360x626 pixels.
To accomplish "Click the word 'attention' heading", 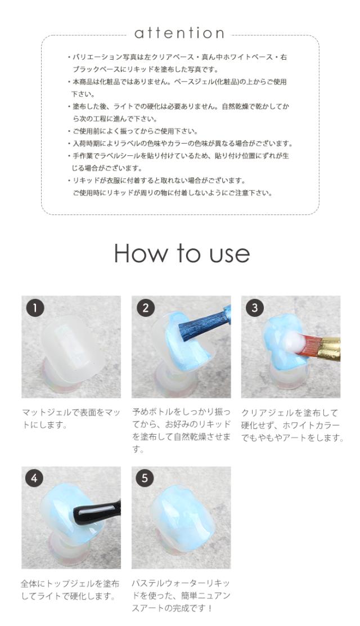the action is pos(179,33).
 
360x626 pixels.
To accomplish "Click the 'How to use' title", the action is pos(182,253).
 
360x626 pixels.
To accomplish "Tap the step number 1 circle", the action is pos(35,308).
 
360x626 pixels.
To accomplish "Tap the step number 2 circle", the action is pos(145,308).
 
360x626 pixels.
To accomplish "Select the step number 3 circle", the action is pos(255,308).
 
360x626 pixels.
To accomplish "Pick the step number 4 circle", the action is pos(34,478).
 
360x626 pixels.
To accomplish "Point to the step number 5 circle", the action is pos(145,478).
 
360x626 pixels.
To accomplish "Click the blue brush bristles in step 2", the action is pos(200,323).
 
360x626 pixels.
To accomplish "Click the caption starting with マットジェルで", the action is pos(71,419).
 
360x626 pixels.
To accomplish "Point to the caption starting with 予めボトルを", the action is pos(181,430).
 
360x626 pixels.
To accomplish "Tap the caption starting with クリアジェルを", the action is pos(292,425).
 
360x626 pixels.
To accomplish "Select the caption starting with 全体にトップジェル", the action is pos(70,590).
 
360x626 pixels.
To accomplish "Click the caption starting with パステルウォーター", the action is pos(181,596).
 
